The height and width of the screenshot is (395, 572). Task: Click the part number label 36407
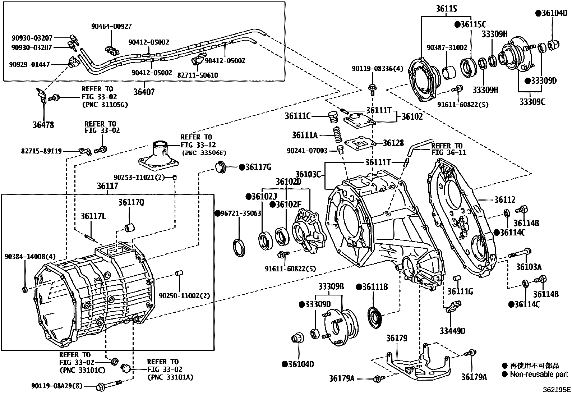coord(144,92)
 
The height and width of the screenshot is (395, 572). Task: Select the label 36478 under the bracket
coord(43,125)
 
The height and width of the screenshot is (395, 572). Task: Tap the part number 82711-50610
coord(198,75)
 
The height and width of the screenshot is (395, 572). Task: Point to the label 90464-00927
coord(111,26)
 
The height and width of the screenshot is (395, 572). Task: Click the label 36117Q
coord(131,203)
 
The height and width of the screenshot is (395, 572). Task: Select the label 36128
coord(393,143)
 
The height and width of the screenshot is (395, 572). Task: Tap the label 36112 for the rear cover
coord(504,200)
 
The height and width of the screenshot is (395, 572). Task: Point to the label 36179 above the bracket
coord(397,338)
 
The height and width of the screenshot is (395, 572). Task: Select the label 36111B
coord(372,287)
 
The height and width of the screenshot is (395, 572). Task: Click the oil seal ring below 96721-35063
coord(239,248)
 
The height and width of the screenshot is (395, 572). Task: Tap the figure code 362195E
coord(557,389)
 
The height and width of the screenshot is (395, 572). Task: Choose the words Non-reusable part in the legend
coord(539,375)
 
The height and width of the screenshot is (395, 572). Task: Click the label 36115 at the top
coord(447,9)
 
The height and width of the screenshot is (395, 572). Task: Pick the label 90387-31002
coord(447,47)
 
